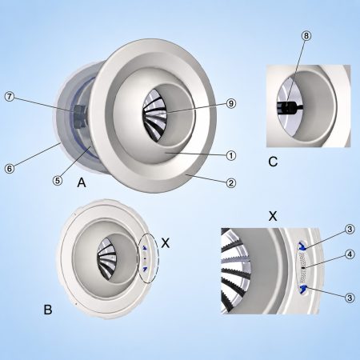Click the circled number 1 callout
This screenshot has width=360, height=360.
coord(231,155)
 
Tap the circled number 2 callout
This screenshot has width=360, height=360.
coord(231,183)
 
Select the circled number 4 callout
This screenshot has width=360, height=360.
coord(350,254)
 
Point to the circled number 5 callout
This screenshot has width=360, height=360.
coord(58,181)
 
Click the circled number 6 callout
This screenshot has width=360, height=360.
coord(10,168)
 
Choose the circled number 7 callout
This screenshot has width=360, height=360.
coord(10,96)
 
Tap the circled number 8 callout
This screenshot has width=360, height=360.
coord(306,35)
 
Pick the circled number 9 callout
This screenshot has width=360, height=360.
coord(231,103)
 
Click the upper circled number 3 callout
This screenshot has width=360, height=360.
coord(350,229)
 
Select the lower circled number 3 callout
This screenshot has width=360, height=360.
coord(350,298)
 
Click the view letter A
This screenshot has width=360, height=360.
coord(82,183)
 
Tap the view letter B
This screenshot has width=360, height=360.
coord(48,310)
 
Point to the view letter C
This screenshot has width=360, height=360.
coord(273,162)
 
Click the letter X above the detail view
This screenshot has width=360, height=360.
coord(273,216)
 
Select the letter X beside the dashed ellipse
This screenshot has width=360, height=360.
coord(166,243)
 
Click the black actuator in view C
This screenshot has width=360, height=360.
coord(289,107)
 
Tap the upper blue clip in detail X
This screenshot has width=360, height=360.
coord(302,246)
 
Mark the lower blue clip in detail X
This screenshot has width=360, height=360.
coord(302,289)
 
